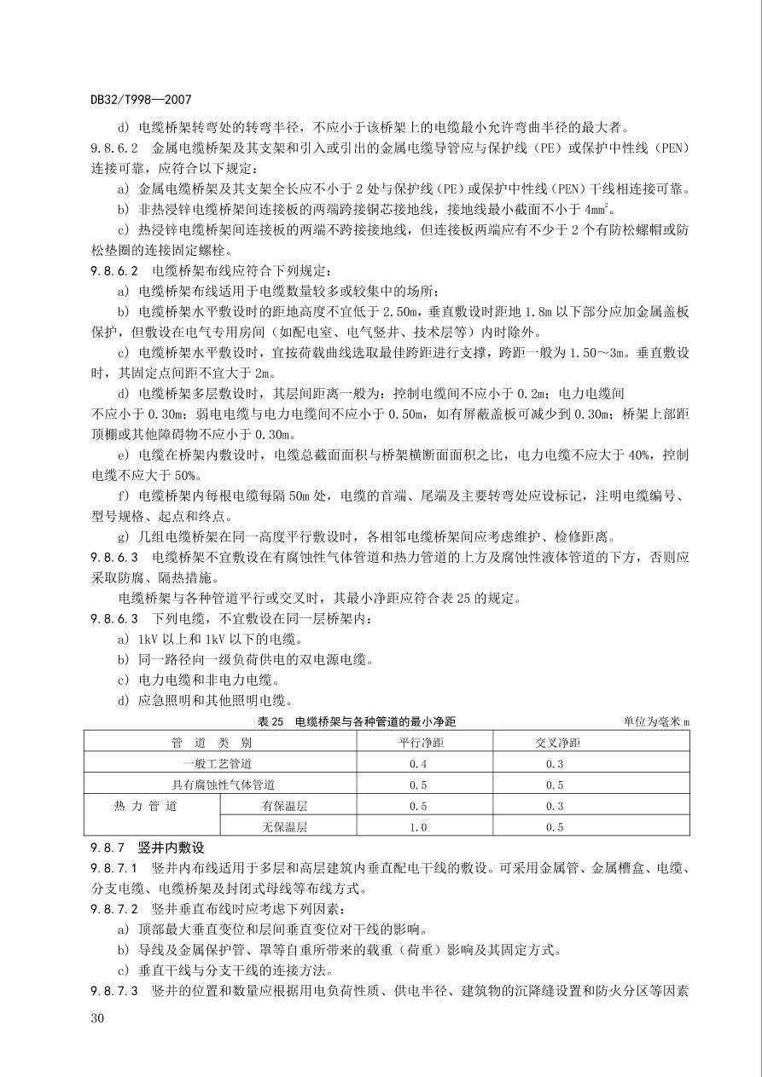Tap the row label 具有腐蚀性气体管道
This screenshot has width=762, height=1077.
pyautogui.click(x=223, y=785)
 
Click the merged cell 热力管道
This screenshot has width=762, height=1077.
pyautogui.click(x=146, y=806)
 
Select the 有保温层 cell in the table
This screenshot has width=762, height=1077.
pyautogui.click(x=284, y=806)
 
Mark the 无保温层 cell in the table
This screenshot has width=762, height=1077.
pyautogui.click(x=284, y=827)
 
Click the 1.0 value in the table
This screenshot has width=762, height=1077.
pyautogui.click(x=418, y=827)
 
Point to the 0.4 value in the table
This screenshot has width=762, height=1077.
pyautogui.click(x=418, y=763)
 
